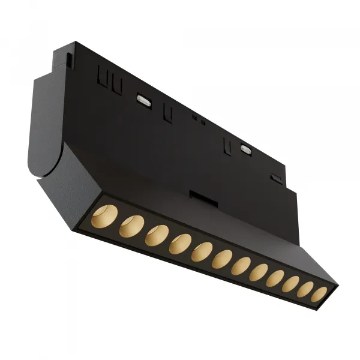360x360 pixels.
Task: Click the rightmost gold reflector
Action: click(x=320, y=294)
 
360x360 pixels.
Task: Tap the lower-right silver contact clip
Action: click(x=245, y=147)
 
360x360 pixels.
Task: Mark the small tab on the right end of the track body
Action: click(x=275, y=178)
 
